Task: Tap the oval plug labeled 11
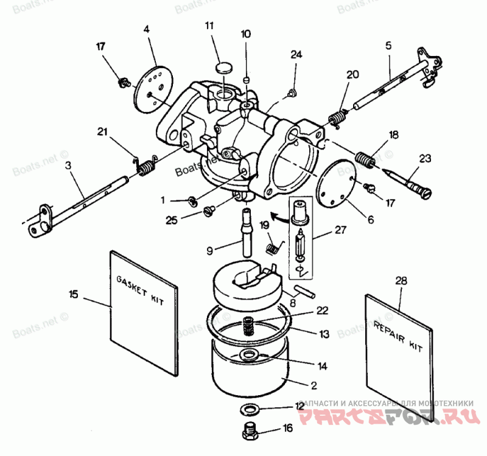tap(225, 66)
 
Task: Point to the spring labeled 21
tap(145, 166)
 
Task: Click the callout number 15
tap(74, 294)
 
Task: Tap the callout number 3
tap(68, 165)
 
